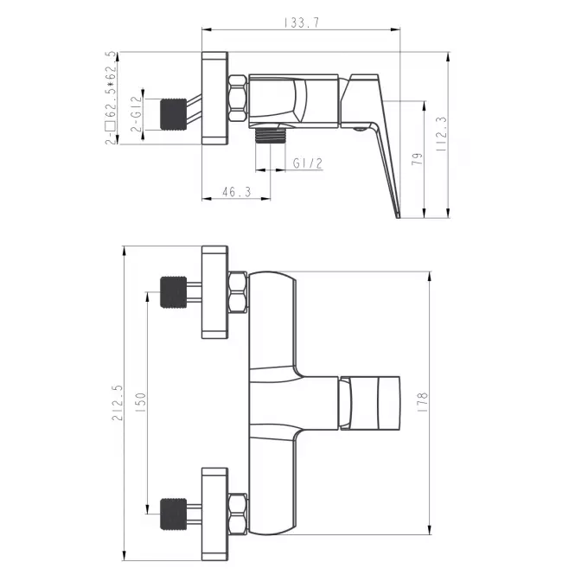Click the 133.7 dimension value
click(x=302, y=22)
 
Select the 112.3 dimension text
click(x=441, y=134)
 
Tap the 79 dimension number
click(x=417, y=159)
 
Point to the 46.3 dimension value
click(x=237, y=191)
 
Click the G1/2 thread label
click(x=308, y=163)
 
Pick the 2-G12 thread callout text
click(x=136, y=113)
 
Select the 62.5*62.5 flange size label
click(x=111, y=99)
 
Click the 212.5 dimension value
click(x=118, y=403)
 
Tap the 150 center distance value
click(x=140, y=402)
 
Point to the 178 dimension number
click(x=423, y=402)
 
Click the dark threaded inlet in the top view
click(x=173, y=114)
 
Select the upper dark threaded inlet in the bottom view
click(x=173, y=292)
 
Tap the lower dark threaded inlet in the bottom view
click(x=173, y=514)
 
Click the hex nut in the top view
click(x=238, y=98)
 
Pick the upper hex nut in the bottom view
click(x=238, y=292)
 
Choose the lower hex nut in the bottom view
click(x=238, y=514)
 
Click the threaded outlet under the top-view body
click(x=271, y=136)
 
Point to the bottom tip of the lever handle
click(x=399, y=218)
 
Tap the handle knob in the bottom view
click(x=370, y=403)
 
